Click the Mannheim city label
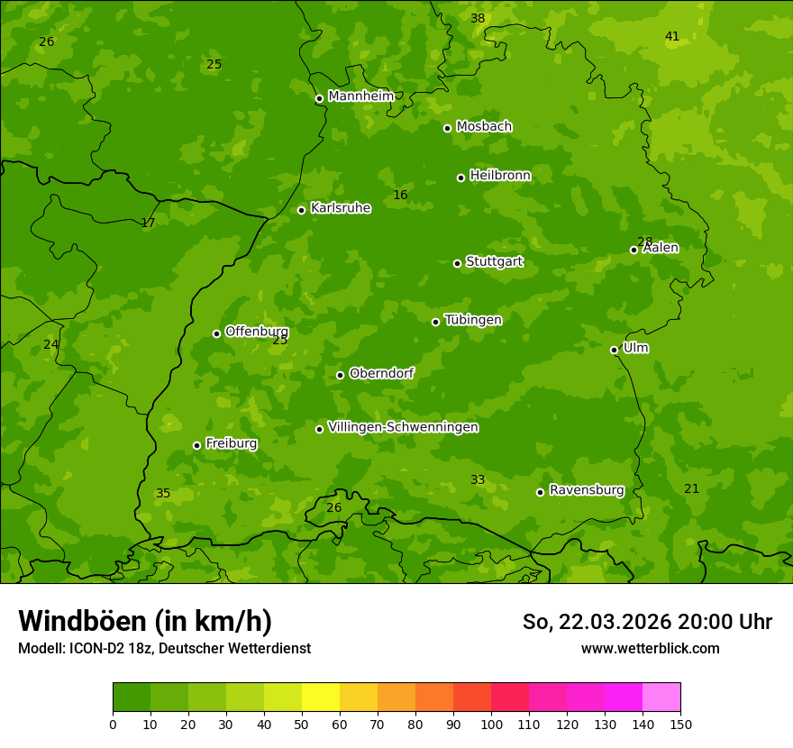360,96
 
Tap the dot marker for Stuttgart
457,263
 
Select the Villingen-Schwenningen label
403,427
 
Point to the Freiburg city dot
196,445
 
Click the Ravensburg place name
586,490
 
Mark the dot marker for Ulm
614,350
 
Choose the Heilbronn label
499,176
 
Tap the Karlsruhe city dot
301,210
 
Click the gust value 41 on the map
672,37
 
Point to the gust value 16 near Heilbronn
400,196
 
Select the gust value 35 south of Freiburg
163,494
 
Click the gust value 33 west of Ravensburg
478,480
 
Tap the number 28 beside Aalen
644,242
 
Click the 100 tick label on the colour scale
491,724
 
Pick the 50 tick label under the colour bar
302,724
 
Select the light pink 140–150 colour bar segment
661,698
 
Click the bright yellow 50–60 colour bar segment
321,698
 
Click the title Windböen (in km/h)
145,621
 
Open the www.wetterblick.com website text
650,648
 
